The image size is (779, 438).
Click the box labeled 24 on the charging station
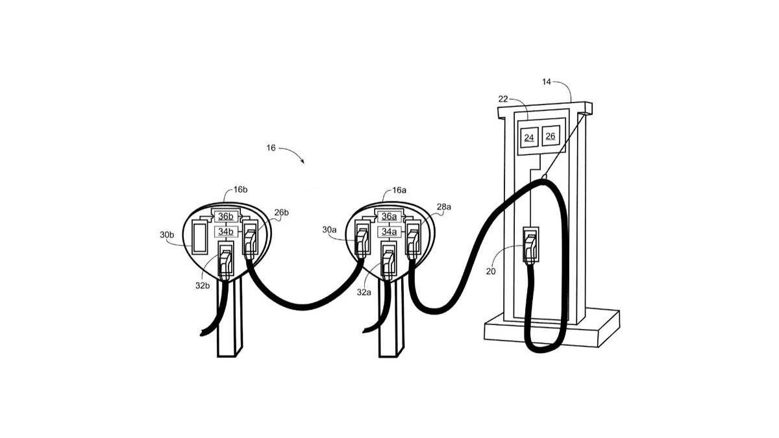(529, 138)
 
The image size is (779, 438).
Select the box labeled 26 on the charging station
(550, 136)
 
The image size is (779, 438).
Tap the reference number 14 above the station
(547, 82)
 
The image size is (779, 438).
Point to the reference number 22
(503, 99)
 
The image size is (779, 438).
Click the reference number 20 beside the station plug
(491, 271)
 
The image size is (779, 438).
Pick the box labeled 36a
(389, 216)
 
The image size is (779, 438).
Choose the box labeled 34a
(389, 232)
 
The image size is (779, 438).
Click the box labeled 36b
(225, 216)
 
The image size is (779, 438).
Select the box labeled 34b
(225, 232)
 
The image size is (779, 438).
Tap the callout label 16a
(399, 190)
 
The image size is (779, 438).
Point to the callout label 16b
(240, 189)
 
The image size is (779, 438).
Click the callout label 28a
(444, 206)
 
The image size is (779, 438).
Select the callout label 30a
(329, 230)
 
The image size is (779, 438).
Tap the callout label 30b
(167, 235)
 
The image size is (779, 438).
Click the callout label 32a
(364, 293)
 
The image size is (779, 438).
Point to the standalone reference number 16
(271, 148)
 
